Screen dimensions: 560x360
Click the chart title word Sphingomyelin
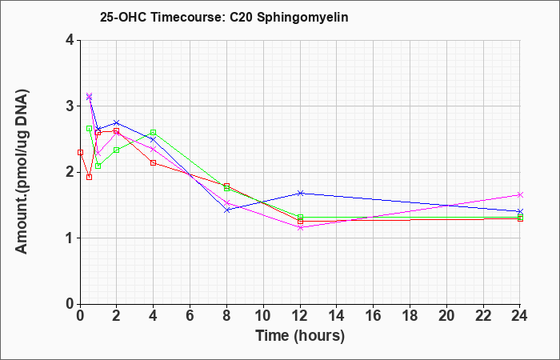[x=302, y=17]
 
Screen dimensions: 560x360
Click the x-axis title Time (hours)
[x=300, y=336]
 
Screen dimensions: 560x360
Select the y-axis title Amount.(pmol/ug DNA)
[x=22, y=172]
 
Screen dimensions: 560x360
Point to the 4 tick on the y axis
[x=70, y=40]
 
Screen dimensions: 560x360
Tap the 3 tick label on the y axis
[x=70, y=106]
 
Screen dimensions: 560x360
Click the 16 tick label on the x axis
[x=373, y=316]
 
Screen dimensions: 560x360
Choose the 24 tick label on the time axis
[x=519, y=316]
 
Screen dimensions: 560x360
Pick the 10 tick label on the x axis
[x=263, y=316]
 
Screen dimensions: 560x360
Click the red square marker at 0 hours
[x=80, y=153]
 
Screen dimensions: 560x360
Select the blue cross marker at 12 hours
[x=300, y=194]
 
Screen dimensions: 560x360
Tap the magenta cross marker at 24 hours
[x=520, y=194]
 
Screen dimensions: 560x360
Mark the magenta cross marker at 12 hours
[x=300, y=227]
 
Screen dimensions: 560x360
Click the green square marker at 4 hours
[x=154, y=133]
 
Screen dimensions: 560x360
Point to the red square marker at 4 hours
[x=154, y=163]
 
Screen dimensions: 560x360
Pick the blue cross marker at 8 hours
[x=226, y=210]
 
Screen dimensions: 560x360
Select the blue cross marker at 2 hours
[x=117, y=123]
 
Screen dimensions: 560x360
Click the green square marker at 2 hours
[x=117, y=150]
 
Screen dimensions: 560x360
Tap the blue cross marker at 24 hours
[x=520, y=211]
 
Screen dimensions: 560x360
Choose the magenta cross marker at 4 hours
[x=154, y=149]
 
